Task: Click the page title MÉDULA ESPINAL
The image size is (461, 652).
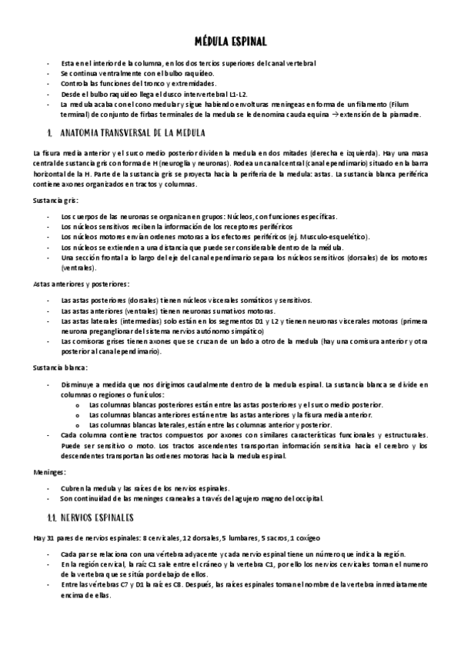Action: click(230, 43)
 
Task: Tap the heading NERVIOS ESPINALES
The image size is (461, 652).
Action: click(96, 517)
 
